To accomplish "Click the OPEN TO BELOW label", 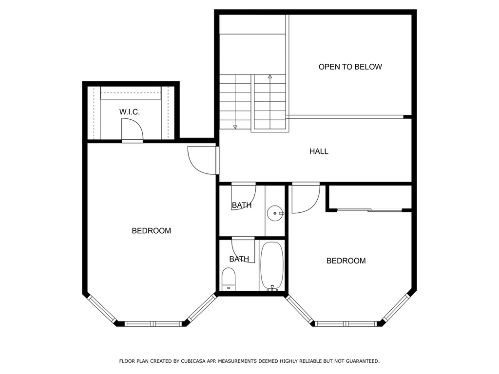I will [x=350, y=67].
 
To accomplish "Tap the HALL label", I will [x=319, y=151].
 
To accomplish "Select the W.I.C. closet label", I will [x=130, y=112].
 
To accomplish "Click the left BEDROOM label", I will [x=151, y=231].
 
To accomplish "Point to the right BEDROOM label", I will [x=345, y=261].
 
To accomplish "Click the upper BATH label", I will [x=242, y=206].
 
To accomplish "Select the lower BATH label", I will [x=239, y=259].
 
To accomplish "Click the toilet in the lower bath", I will [x=229, y=279].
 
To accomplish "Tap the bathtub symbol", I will [x=271, y=266].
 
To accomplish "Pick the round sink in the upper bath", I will [x=275, y=213].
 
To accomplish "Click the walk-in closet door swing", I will [x=132, y=130].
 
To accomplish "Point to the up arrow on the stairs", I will [x=269, y=77].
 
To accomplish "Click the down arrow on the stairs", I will [x=235, y=127].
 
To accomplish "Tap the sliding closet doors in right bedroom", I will [x=369, y=210].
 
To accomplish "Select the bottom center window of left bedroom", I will [x=153, y=323].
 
